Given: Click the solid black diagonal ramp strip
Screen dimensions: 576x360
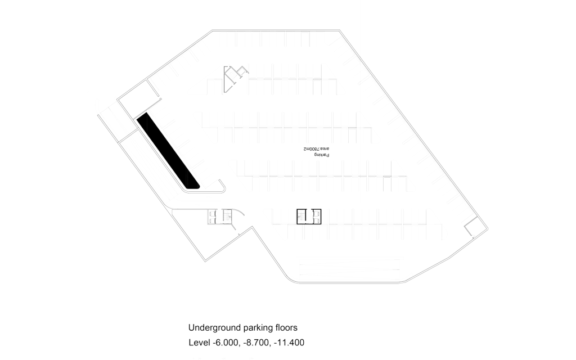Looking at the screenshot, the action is pos(168,151).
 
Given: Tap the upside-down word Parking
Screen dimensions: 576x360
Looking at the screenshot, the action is pos(322,155).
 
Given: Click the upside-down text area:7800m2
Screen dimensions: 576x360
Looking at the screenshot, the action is pos(316,148).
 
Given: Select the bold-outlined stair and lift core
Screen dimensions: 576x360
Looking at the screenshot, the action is pos(309,217).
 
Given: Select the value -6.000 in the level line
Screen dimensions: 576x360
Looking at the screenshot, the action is pos(226,343).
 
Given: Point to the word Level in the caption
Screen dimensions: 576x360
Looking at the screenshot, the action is pos(199,343).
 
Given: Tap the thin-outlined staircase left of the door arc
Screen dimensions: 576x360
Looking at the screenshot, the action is pos(227,217).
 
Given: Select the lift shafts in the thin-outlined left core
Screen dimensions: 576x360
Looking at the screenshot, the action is pos(212,217).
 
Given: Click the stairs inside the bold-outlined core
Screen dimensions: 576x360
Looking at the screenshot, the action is pos(302,217).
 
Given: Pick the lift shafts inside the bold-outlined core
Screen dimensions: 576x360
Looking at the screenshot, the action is pos(316,217).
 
